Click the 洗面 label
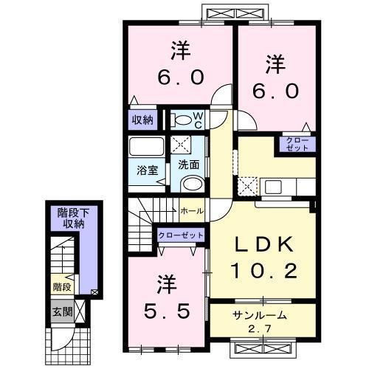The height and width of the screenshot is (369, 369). (x=188, y=165)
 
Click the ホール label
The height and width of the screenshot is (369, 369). (x=193, y=211)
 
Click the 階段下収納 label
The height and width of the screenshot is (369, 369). (x=72, y=218)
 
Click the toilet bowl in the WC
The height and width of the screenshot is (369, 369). (x=181, y=119)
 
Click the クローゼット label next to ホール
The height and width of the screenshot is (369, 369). (x=180, y=235)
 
